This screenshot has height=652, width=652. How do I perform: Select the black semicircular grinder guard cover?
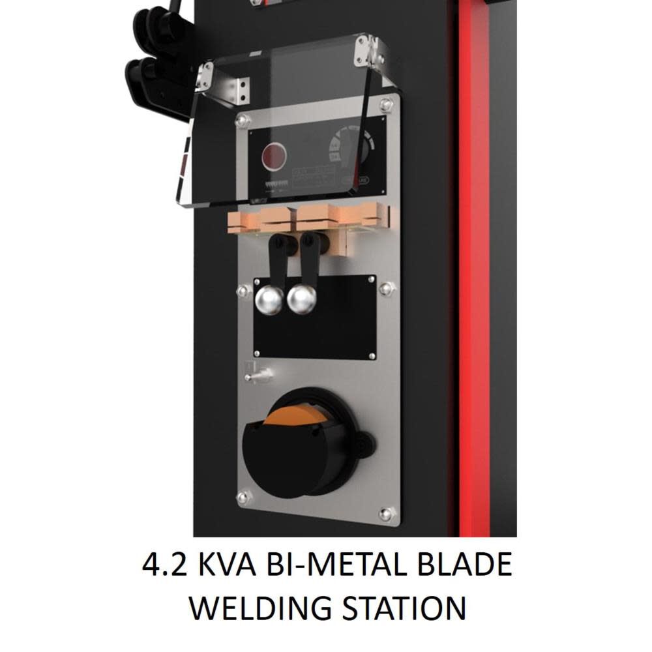[x=280, y=456]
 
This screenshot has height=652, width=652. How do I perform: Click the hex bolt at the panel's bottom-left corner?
[x=244, y=498]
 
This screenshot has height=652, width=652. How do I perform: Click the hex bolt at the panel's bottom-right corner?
[x=386, y=514]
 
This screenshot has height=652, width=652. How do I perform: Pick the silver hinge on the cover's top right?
[x=363, y=50]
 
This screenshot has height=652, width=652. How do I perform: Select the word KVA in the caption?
[x=227, y=565]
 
